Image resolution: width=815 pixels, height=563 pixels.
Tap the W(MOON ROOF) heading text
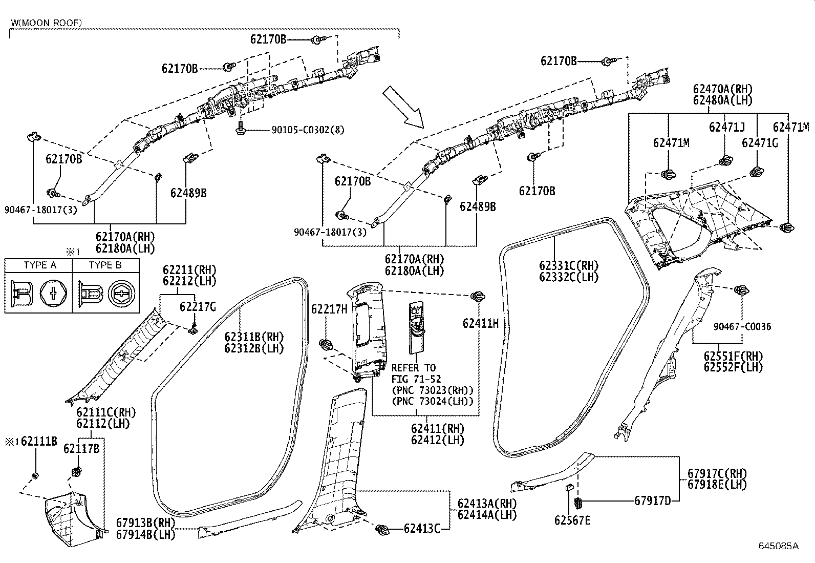[x=46, y=23]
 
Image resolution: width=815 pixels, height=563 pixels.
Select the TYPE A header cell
[x=39, y=265]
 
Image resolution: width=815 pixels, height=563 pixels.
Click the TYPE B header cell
[x=105, y=265]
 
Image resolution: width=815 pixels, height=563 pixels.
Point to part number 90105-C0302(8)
[x=308, y=130]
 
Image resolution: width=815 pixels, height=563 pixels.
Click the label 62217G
[x=198, y=307]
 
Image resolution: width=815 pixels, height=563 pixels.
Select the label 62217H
[x=329, y=308]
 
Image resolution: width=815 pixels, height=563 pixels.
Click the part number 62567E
[x=572, y=520]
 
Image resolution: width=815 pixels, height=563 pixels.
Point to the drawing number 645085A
[x=778, y=546]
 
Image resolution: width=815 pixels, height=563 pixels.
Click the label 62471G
[x=760, y=143]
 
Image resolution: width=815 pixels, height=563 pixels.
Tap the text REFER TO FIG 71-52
[x=414, y=373]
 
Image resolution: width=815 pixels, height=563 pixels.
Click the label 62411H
[x=480, y=323]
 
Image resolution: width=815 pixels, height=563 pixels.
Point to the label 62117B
[x=81, y=449]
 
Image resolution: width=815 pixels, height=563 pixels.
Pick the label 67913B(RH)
[x=145, y=523]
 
